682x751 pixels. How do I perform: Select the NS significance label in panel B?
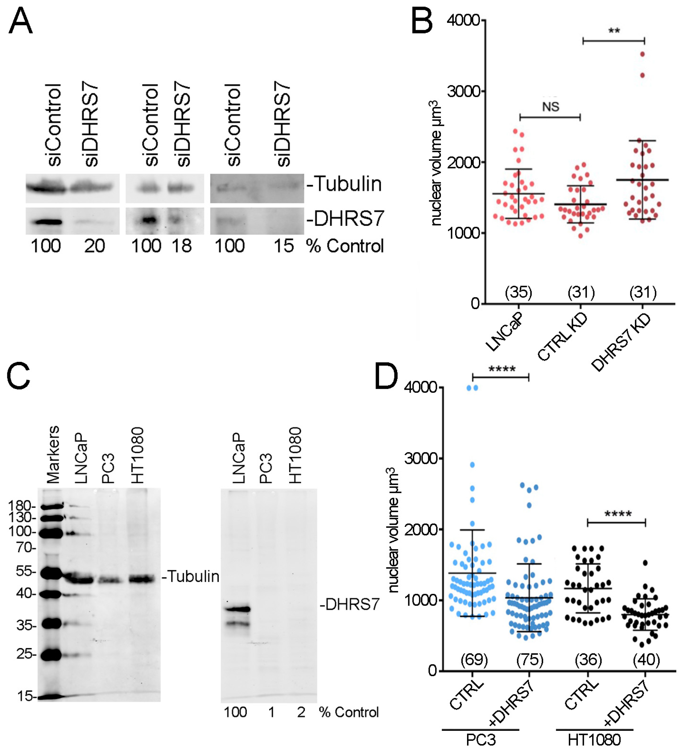551,107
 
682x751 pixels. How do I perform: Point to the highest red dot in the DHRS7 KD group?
643,55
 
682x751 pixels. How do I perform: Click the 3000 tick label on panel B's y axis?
463,91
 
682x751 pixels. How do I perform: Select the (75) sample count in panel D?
530,660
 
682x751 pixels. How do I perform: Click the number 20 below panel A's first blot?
94,246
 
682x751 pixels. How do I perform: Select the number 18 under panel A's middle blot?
182,246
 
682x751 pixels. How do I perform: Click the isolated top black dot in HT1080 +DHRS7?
645,563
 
